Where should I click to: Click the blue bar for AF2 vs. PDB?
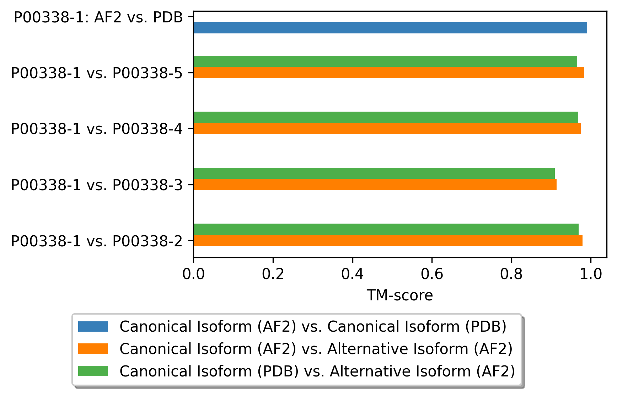tap(390, 28)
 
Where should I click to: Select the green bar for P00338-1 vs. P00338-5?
tap(385, 61)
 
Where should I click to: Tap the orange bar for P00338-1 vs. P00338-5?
tap(388, 73)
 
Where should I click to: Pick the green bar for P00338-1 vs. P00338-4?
tap(386, 117)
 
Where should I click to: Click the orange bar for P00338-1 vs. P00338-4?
tap(387, 129)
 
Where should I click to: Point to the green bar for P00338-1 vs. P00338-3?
tap(374, 173)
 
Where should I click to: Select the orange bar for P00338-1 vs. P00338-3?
tap(375, 184)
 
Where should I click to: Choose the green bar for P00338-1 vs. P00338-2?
tap(386, 229)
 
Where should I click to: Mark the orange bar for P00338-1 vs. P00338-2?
tap(388, 241)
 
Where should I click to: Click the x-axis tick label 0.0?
tap(193, 274)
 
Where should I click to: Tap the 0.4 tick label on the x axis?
tap(352, 274)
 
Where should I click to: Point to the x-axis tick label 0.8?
tap(511, 274)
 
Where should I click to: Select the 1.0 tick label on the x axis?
tap(591, 274)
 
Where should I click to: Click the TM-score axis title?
tap(399, 295)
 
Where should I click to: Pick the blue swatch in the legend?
tap(93, 327)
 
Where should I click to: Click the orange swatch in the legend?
tap(93, 349)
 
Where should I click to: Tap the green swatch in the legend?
tap(93, 371)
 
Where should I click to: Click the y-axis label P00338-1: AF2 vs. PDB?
tap(98, 17)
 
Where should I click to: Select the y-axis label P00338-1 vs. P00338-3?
tap(97, 185)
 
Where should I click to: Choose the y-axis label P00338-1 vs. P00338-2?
tap(97, 241)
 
